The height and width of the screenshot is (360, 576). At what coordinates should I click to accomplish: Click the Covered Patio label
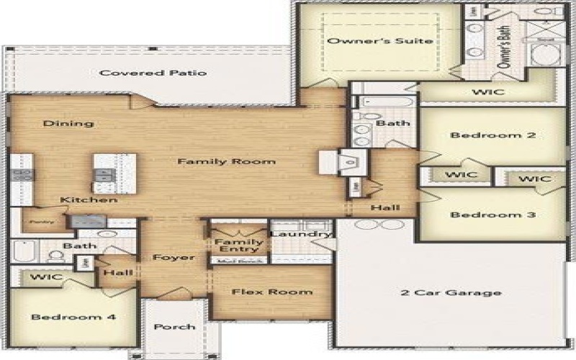153,73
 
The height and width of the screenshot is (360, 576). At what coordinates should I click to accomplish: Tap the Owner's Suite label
380,41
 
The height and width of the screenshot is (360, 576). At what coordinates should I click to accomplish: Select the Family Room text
226,161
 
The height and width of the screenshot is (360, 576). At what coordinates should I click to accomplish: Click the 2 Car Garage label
451,292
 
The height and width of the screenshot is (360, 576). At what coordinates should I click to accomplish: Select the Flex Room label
271,292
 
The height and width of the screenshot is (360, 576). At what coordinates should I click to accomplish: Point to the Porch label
175,326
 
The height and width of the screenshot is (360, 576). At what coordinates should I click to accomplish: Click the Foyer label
173,257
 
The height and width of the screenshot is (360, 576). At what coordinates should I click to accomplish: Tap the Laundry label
301,234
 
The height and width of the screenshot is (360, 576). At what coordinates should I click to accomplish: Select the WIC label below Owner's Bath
487,92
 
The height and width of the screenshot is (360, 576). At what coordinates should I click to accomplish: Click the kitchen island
114,173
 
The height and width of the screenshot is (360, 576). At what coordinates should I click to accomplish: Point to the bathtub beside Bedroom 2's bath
384,102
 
